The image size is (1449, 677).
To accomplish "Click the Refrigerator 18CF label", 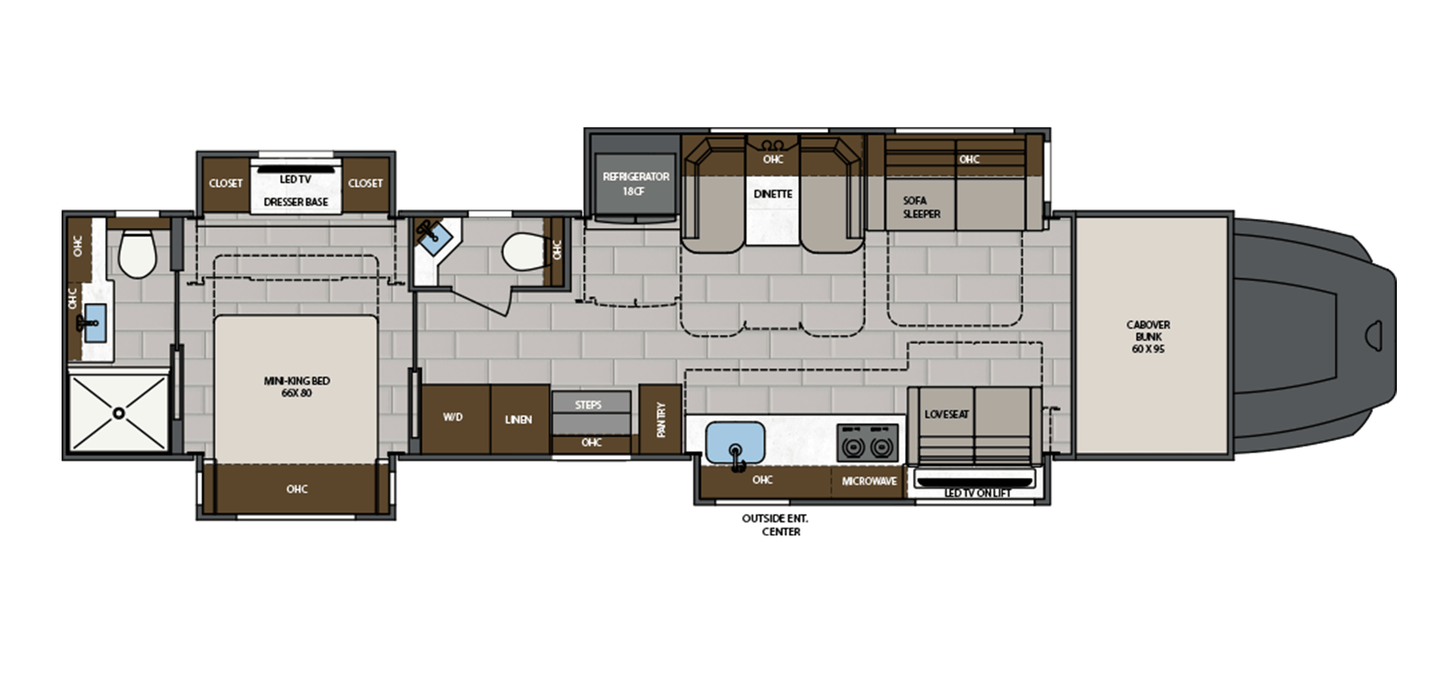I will [x=635, y=183].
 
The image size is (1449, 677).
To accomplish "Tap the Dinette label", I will [x=772, y=194].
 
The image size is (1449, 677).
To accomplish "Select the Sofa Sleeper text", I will [x=921, y=207].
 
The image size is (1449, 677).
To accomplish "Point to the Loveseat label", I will [x=946, y=415].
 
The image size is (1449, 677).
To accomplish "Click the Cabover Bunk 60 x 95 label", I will [x=1148, y=337].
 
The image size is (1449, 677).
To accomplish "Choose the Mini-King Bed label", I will [x=297, y=387].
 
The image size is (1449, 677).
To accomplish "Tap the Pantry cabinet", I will [x=660, y=420].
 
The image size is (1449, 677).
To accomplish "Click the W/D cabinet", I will [x=454, y=418].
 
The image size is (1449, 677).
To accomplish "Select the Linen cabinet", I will [x=519, y=420].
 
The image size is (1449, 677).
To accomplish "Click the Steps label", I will [x=588, y=405].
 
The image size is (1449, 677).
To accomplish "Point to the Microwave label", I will [x=869, y=481].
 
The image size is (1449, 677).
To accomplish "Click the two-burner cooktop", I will [x=867, y=444].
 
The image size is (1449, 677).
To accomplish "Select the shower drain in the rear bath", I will [x=119, y=413].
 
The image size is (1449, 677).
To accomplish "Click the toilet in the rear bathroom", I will [x=137, y=254].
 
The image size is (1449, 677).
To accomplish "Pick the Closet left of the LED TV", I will [x=226, y=183].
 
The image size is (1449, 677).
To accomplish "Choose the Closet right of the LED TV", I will [x=365, y=183].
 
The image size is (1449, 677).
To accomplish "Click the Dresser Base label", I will [x=296, y=202].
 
